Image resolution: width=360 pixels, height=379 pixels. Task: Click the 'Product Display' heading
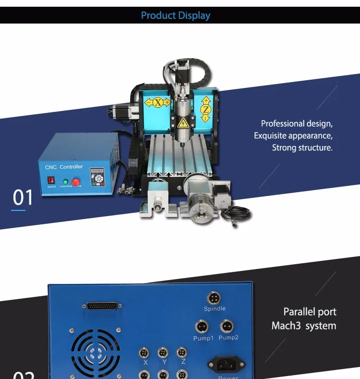coord(176,15)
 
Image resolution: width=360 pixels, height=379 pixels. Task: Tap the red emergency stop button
coord(75,182)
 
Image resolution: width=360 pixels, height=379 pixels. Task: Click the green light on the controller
coord(65,182)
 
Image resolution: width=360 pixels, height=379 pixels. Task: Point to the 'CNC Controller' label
coord(63,167)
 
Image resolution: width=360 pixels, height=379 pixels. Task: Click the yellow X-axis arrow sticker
coord(157,102)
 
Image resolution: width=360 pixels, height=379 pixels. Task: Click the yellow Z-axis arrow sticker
coord(206,110)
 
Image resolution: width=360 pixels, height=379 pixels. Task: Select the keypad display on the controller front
coord(100,178)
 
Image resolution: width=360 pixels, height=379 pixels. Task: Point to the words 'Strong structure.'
coord(302,147)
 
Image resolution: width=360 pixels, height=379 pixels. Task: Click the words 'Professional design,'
coord(297,123)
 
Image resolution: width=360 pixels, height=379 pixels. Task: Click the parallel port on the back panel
coord(102,306)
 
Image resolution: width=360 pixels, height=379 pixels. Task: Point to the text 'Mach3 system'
coord(303,326)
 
